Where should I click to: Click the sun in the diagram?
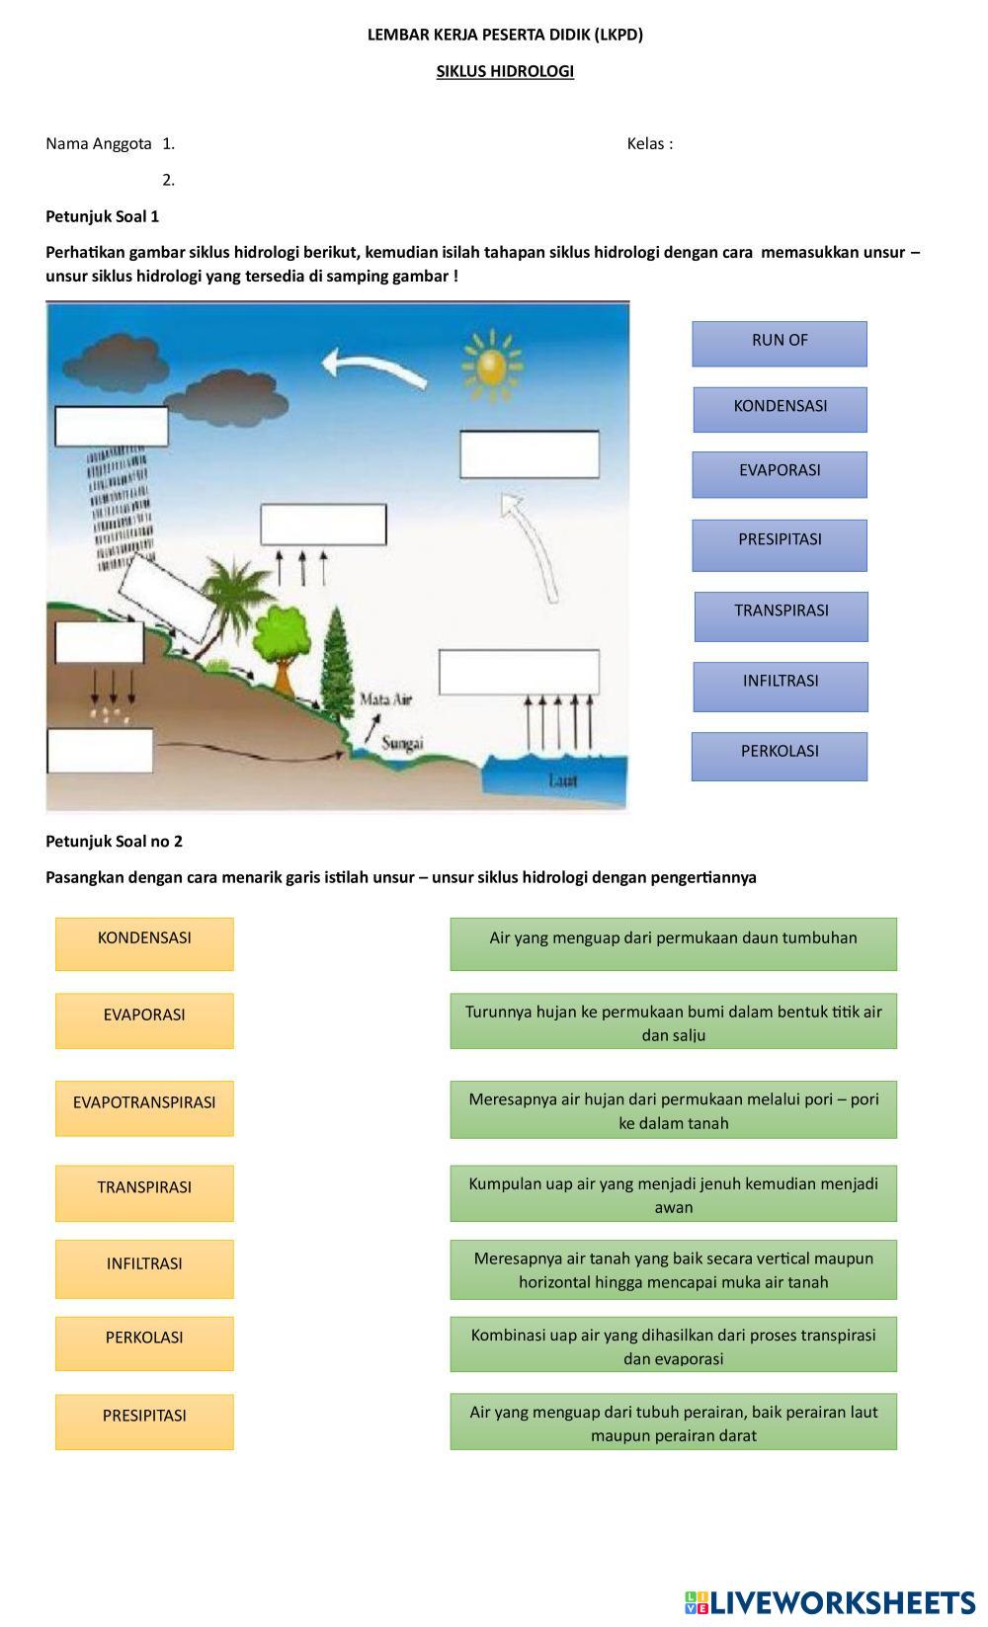point(490,364)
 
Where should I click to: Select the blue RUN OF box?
point(780,343)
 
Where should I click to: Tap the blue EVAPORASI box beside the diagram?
point(780,474)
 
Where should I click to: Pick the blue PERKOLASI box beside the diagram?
point(780,756)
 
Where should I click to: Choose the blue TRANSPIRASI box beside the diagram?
point(781,615)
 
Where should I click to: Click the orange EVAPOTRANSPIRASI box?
point(144,1107)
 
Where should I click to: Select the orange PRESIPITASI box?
point(144,1421)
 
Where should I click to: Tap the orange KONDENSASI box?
point(144,943)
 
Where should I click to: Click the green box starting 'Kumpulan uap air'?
point(673,1193)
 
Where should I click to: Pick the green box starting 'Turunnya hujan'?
point(673,1020)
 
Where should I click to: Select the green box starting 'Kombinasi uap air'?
point(673,1343)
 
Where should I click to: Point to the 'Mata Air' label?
point(385,699)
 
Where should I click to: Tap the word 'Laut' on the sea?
point(562,780)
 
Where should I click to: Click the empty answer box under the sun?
point(530,454)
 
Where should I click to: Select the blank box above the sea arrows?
point(519,672)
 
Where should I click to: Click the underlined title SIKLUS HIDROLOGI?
point(505,71)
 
